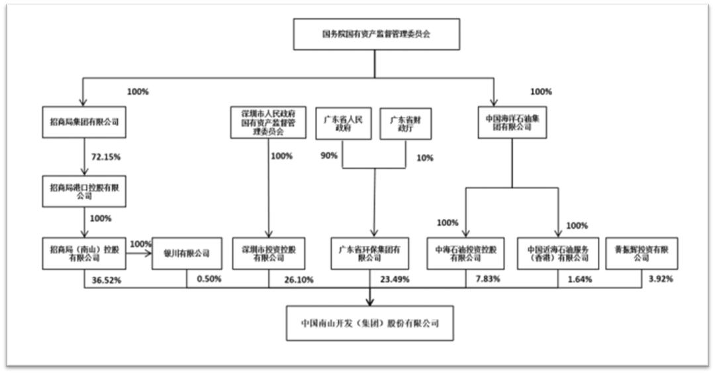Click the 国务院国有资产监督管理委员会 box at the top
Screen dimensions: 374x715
click(375, 34)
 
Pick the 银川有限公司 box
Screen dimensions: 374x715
click(186, 253)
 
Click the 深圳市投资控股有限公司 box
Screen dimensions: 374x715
click(268, 253)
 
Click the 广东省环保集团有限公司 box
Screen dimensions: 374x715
click(370, 253)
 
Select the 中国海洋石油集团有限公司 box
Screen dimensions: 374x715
click(512, 122)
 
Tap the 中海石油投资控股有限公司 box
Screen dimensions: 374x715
click(467, 253)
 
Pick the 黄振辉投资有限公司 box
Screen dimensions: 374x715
click(641, 253)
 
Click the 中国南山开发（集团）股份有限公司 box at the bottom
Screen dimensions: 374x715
click(369, 323)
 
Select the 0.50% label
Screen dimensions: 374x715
click(209, 279)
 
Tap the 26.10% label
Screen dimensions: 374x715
click(298, 280)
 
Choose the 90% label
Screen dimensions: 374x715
click(328, 156)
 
